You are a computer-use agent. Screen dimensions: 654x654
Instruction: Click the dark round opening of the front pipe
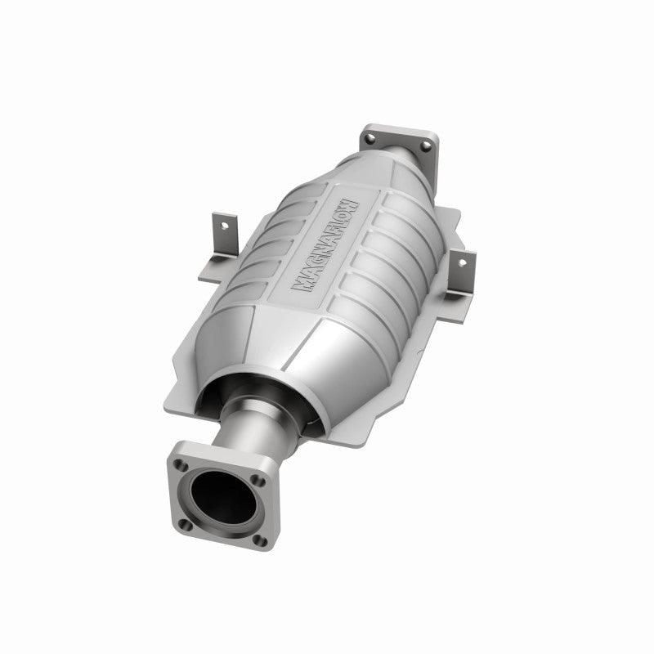point(223,496)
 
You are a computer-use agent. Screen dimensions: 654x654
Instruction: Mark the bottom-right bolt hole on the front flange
point(259,540)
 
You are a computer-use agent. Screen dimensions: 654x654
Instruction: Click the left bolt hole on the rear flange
point(370,139)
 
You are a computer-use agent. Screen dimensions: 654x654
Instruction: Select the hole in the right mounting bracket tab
point(463,262)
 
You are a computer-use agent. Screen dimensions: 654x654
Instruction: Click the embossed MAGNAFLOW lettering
point(325,245)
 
